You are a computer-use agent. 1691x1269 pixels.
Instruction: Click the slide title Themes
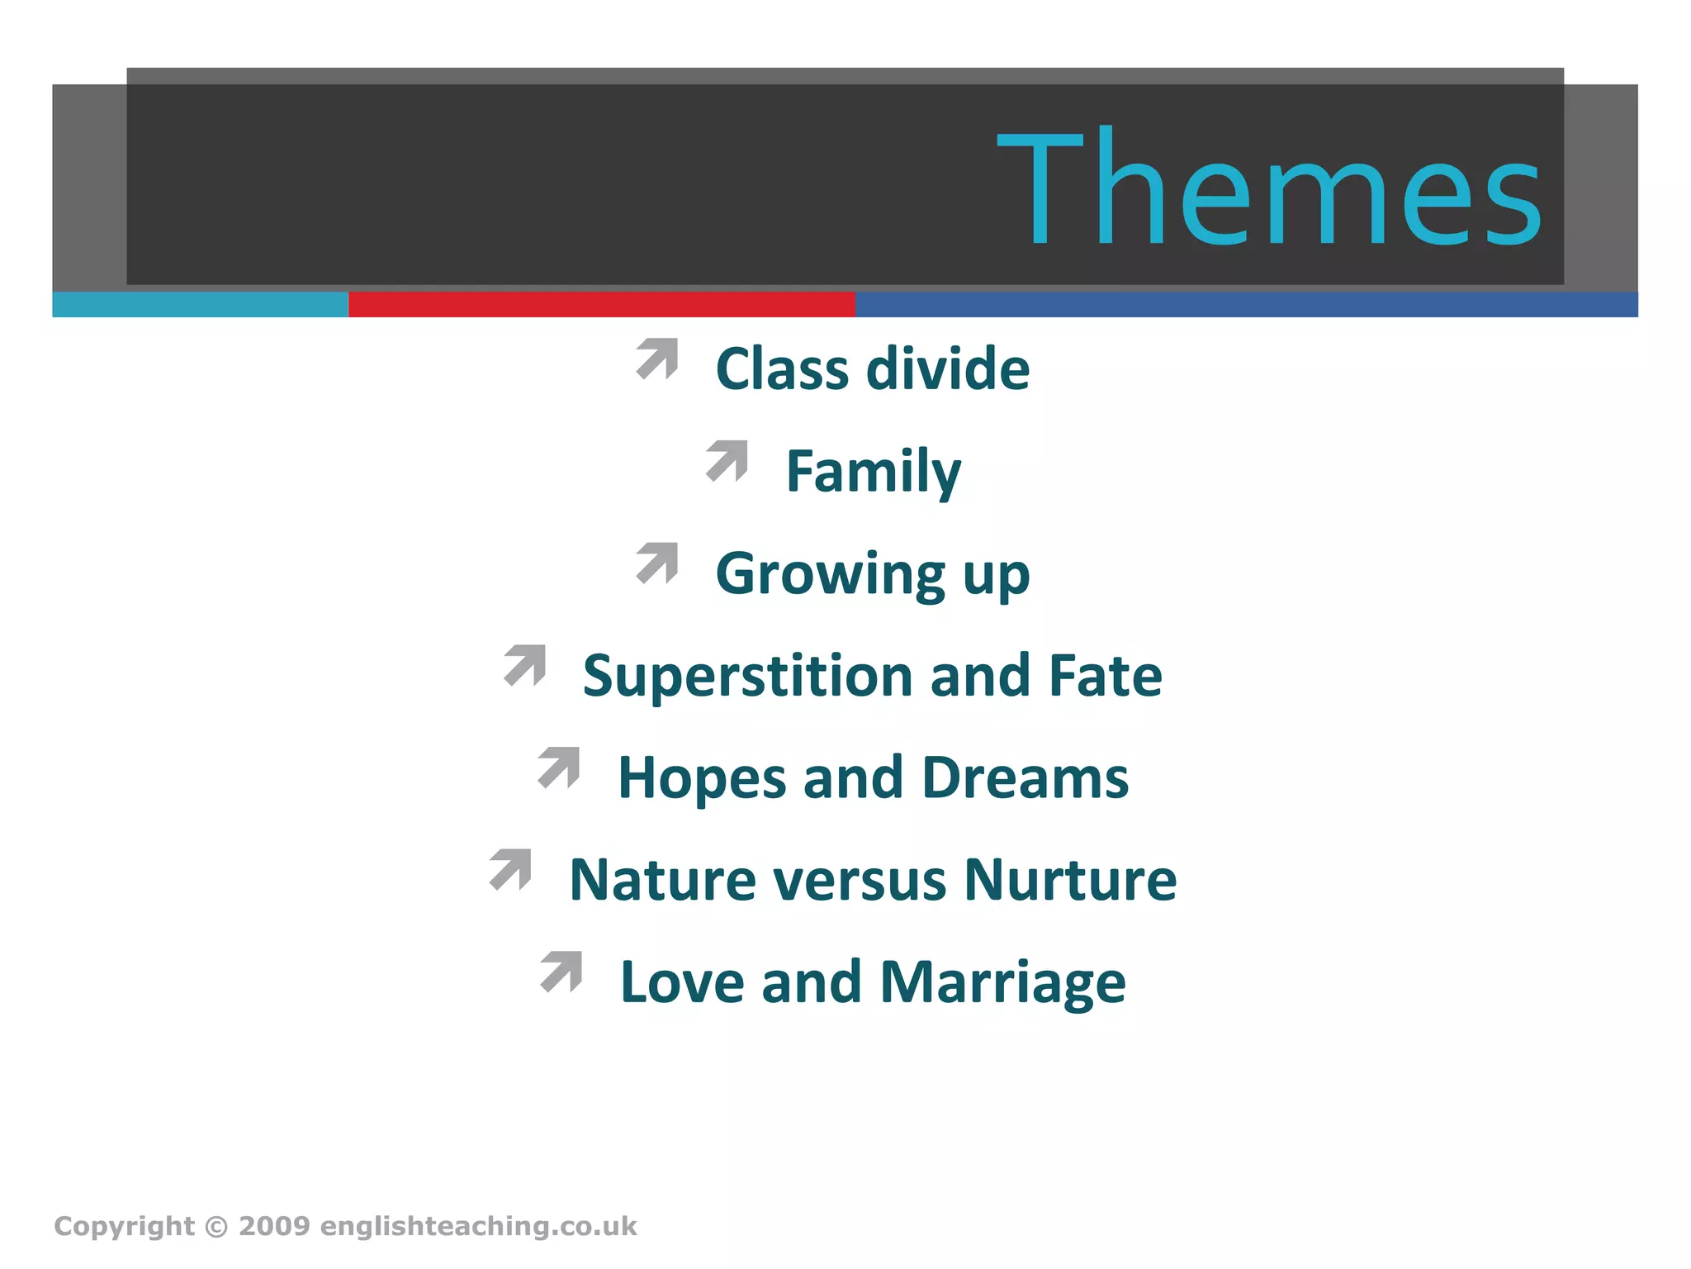coord(1269,188)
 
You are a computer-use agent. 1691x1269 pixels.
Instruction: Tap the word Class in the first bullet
coord(781,368)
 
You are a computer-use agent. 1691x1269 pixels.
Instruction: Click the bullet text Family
coord(873,472)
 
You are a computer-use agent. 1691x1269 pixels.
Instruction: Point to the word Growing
coord(830,574)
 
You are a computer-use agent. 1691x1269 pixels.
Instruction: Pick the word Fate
coord(1105,676)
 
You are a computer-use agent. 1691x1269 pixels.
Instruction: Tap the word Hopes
coord(702,778)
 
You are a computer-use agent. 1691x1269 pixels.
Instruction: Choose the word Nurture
coord(1070,880)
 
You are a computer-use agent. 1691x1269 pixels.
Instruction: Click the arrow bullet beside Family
coord(727,460)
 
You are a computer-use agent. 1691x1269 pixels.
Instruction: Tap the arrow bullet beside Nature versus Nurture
coord(510,869)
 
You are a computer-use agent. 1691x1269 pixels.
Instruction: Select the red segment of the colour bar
coord(601,304)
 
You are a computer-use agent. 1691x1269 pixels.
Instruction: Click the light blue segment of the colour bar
coord(200,304)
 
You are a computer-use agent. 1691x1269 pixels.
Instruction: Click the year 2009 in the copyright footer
coord(274,1226)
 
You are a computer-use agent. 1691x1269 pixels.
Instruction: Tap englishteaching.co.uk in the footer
coord(478,1226)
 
